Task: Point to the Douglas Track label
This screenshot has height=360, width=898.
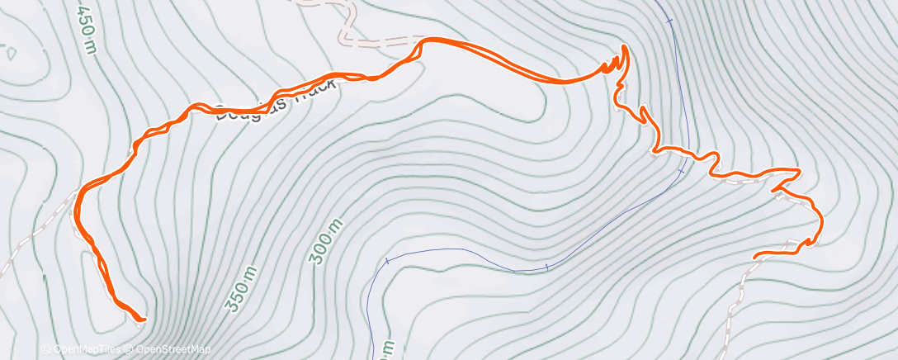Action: [276, 100]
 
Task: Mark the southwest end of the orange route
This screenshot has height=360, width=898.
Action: [143, 318]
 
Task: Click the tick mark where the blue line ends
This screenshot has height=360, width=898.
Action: [386, 261]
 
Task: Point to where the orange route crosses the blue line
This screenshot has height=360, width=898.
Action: [684, 152]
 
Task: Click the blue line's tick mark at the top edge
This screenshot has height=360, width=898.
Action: [670, 20]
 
